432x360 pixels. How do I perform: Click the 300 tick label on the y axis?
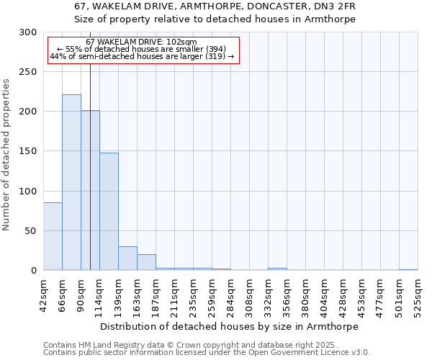pyautogui.click(x=28, y=32)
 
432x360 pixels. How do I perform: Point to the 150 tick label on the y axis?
pyautogui.click(x=28, y=151)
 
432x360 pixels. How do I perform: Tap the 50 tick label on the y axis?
pyautogui.click(x=31, y=231)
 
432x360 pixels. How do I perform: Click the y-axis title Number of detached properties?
pyautogui.click(x=7, y=155)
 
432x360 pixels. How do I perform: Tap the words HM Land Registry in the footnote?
pyautogui.click(x=101, y=345)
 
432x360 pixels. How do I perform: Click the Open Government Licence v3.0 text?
pyautogui.click(x=315, y=352)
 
